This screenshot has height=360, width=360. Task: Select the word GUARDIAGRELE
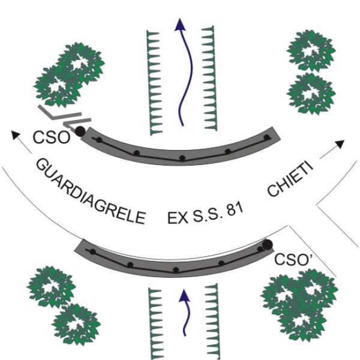[x=90, y=191]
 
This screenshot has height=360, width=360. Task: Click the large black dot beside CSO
[x=80, y=131]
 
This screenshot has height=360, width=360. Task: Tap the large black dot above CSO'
[x=267, y=244]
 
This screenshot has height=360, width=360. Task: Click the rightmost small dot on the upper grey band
[x=267, y=137]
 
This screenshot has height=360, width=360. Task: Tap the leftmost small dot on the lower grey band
[x=93, y=253]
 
